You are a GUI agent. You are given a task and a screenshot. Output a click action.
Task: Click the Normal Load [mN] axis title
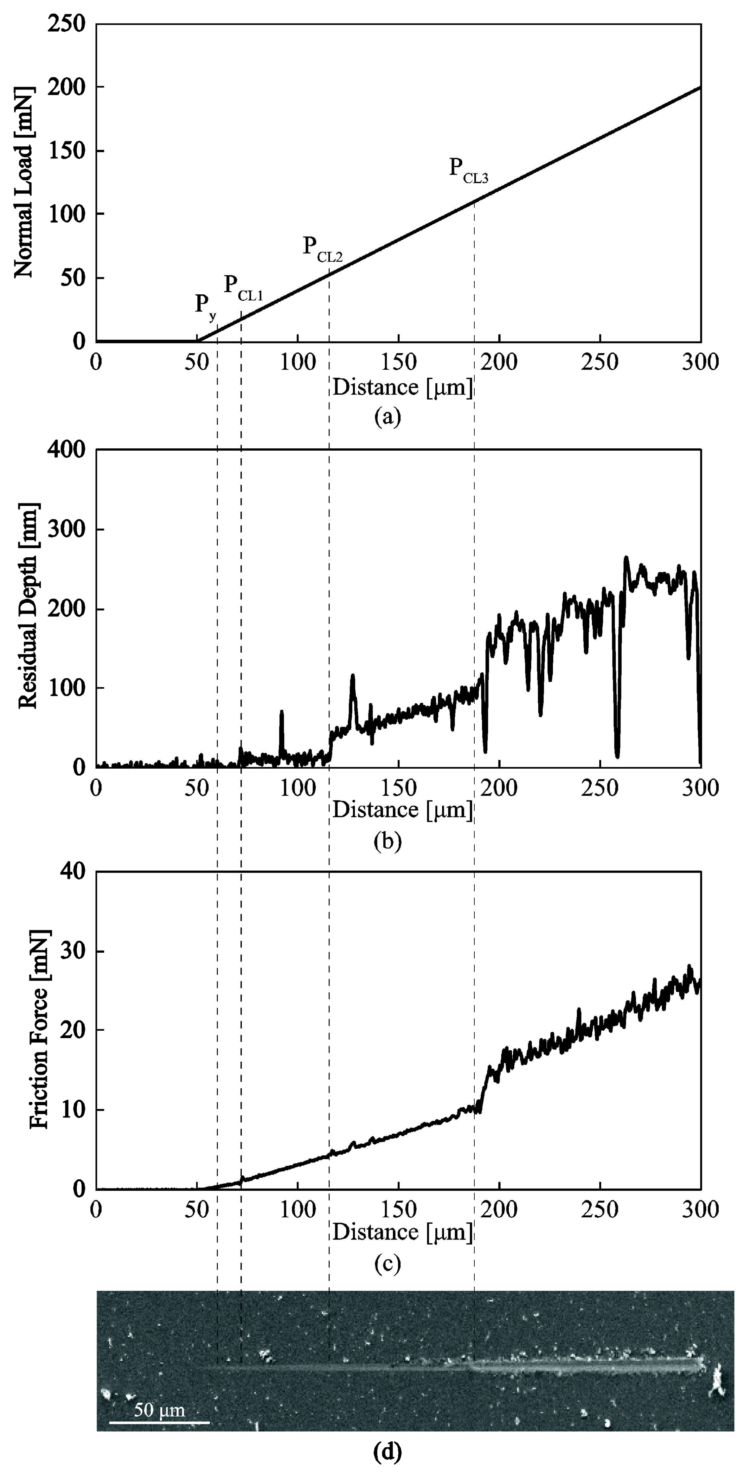tap(24, 182)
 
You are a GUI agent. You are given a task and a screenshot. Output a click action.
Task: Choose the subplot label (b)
tap(387, 842)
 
